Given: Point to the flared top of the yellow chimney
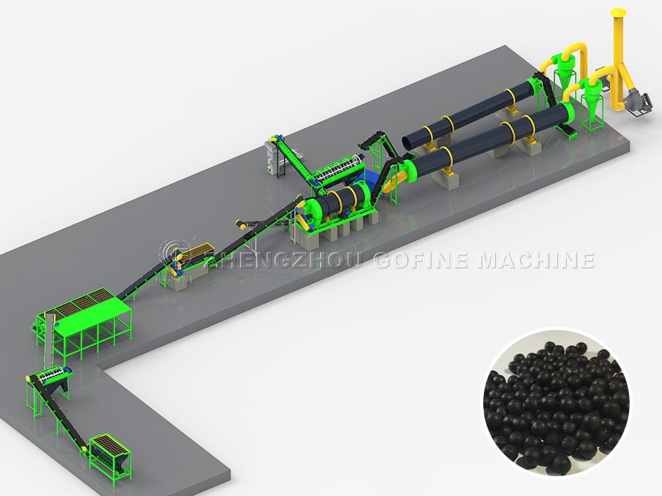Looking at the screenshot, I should pos(618,13).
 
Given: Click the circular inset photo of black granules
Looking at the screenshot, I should pos(556,403).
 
